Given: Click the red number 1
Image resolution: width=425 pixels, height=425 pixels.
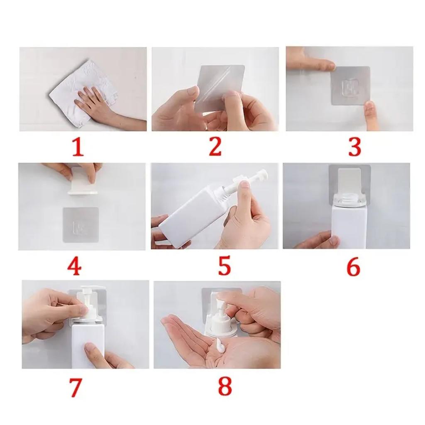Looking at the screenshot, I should coord(78,148).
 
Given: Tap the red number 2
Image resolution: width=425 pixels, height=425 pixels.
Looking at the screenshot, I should coord(215,147).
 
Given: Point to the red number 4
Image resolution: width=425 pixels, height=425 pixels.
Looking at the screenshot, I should coord(74,266).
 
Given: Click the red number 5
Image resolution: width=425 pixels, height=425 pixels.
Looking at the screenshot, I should coord(224,266).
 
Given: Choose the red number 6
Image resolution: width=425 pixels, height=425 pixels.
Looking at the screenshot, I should coord(353,267).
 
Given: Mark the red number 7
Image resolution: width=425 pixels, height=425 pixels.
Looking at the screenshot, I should coord(75,388).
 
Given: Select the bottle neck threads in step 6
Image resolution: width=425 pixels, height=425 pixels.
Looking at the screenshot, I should coord(347,198).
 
